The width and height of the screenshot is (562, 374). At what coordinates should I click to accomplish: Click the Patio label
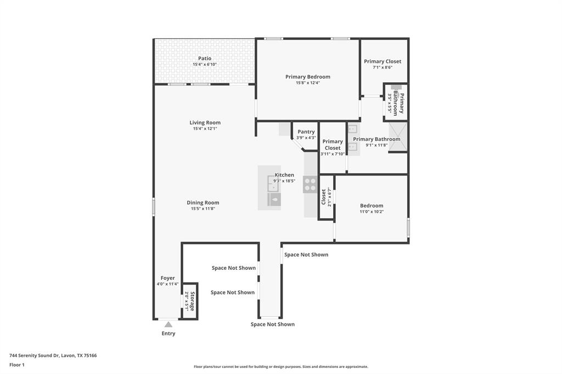(x=205, y=59)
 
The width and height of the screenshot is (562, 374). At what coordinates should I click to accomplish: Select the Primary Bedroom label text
(x=307, y=77)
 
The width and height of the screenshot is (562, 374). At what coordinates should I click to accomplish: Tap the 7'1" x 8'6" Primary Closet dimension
(x=383, y=67)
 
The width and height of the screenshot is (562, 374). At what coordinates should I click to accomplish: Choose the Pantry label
(x=306, y=132)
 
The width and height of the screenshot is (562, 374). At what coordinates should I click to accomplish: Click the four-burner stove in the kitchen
(x=310, y=184)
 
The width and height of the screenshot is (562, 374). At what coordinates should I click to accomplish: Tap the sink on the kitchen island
(x=274, y=199)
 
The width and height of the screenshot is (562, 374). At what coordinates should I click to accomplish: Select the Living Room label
(x=205, y=123)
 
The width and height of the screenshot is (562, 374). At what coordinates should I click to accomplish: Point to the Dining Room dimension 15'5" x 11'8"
(x=203, y=209)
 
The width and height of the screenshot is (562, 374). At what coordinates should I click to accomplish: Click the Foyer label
(x=167, y=278)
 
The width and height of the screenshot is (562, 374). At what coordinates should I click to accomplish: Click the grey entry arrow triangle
(x=168, y=325)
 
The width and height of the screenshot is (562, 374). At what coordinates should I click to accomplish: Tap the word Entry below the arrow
(x=168, y=333)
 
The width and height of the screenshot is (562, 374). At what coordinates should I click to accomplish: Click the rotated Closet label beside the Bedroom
(x=324, y=197)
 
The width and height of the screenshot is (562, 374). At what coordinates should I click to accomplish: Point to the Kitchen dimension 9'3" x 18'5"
(x=284, y=181)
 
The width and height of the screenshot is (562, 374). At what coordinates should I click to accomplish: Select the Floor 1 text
(x=17, y=365)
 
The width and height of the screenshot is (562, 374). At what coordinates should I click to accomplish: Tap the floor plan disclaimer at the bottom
(x=281, y=367)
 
